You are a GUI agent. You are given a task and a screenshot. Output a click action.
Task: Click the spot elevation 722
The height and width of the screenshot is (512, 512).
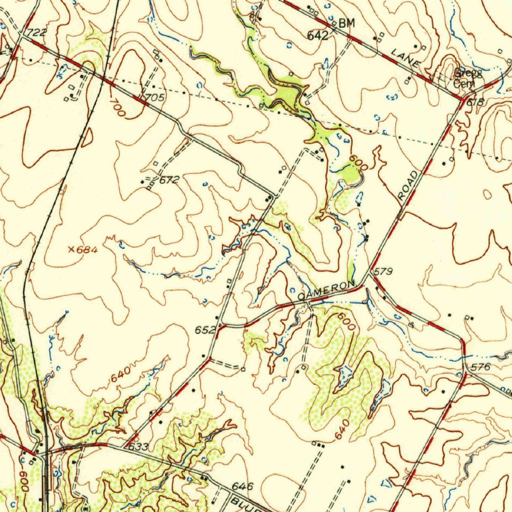tap(36, 32)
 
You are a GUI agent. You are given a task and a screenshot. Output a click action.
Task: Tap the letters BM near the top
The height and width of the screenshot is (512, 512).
tap(345, 22)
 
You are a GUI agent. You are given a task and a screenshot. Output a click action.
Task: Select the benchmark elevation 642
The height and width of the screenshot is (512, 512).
tap(317, 35)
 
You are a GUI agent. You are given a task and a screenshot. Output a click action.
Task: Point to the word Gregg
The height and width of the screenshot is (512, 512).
tap(468, 73)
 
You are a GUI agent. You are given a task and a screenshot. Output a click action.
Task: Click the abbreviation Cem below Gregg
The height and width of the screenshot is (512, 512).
tap(464, 84)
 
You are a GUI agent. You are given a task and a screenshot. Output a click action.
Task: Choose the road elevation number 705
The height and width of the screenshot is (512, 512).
tap(154, 97)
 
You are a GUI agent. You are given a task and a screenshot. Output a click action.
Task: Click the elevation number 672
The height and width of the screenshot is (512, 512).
tap(169, 179)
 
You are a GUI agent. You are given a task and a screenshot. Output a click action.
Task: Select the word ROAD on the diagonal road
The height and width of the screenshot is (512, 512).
tap(408, 186)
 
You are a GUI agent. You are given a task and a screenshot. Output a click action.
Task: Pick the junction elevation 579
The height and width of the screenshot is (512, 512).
tap(383, 271)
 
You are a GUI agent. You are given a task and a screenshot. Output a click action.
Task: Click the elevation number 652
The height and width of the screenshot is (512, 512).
tap(205, 330)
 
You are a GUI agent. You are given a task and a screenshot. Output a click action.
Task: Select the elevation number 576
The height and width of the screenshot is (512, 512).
tap(480, 367)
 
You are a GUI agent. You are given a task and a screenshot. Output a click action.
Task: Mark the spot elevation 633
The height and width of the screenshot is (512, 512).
tap(138, 446)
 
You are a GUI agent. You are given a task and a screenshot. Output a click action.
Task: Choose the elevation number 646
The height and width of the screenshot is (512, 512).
tap(243, 486)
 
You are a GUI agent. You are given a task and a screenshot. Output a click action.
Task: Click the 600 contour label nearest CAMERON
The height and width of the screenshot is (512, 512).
tap(346, 320)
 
